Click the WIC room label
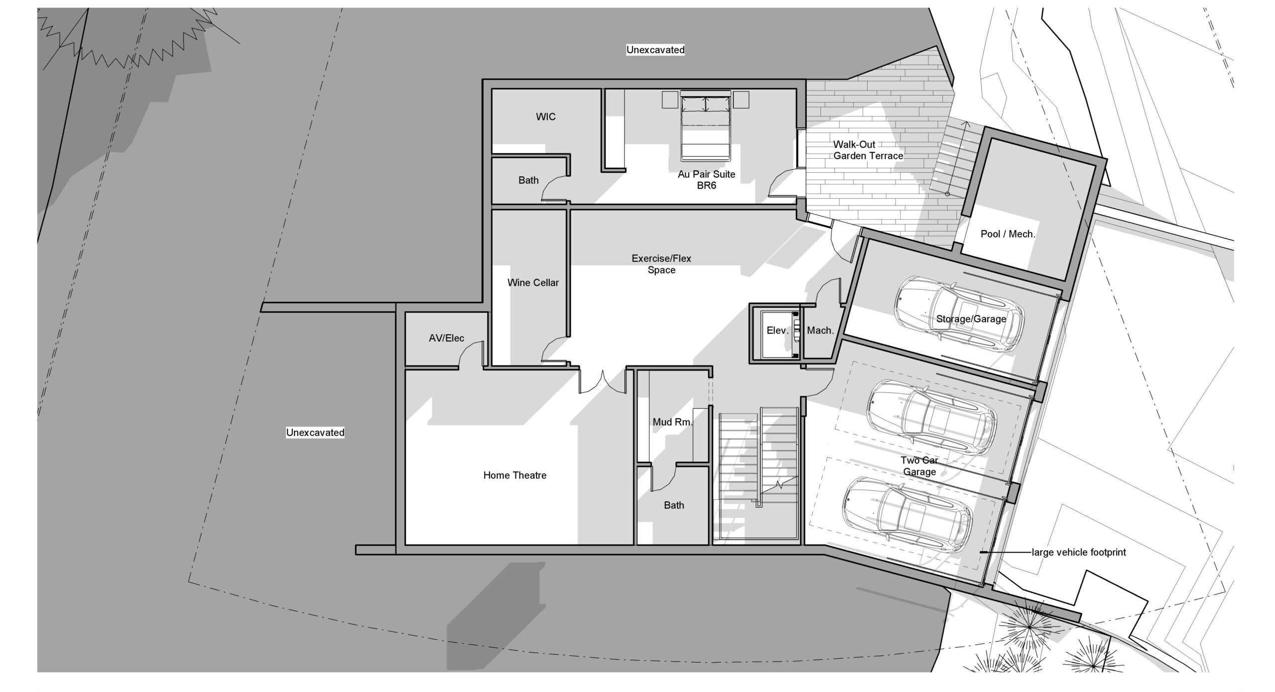(x=546, y=117)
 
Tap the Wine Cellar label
(x=533, y=283)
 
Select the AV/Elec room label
(x=446, y=339)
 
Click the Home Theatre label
(x=515, y=475)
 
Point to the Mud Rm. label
(x=672, y=422)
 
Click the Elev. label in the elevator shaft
(x=777, y=331)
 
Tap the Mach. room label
(x=820, y=331)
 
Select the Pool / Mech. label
(x=1008, y=234)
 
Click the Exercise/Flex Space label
(x=661, y=264)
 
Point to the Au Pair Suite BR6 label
(x=706, y=180)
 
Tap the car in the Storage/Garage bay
(x=960, y=316)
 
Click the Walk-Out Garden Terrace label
(x=868, y=150)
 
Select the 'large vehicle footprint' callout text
(x=1079, y=553)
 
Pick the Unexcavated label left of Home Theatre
(x=315, y=433)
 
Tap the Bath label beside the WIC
(x=528, y=180)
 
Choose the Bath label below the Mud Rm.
(x=674, y=505)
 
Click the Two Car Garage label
(x=919, y=466)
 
